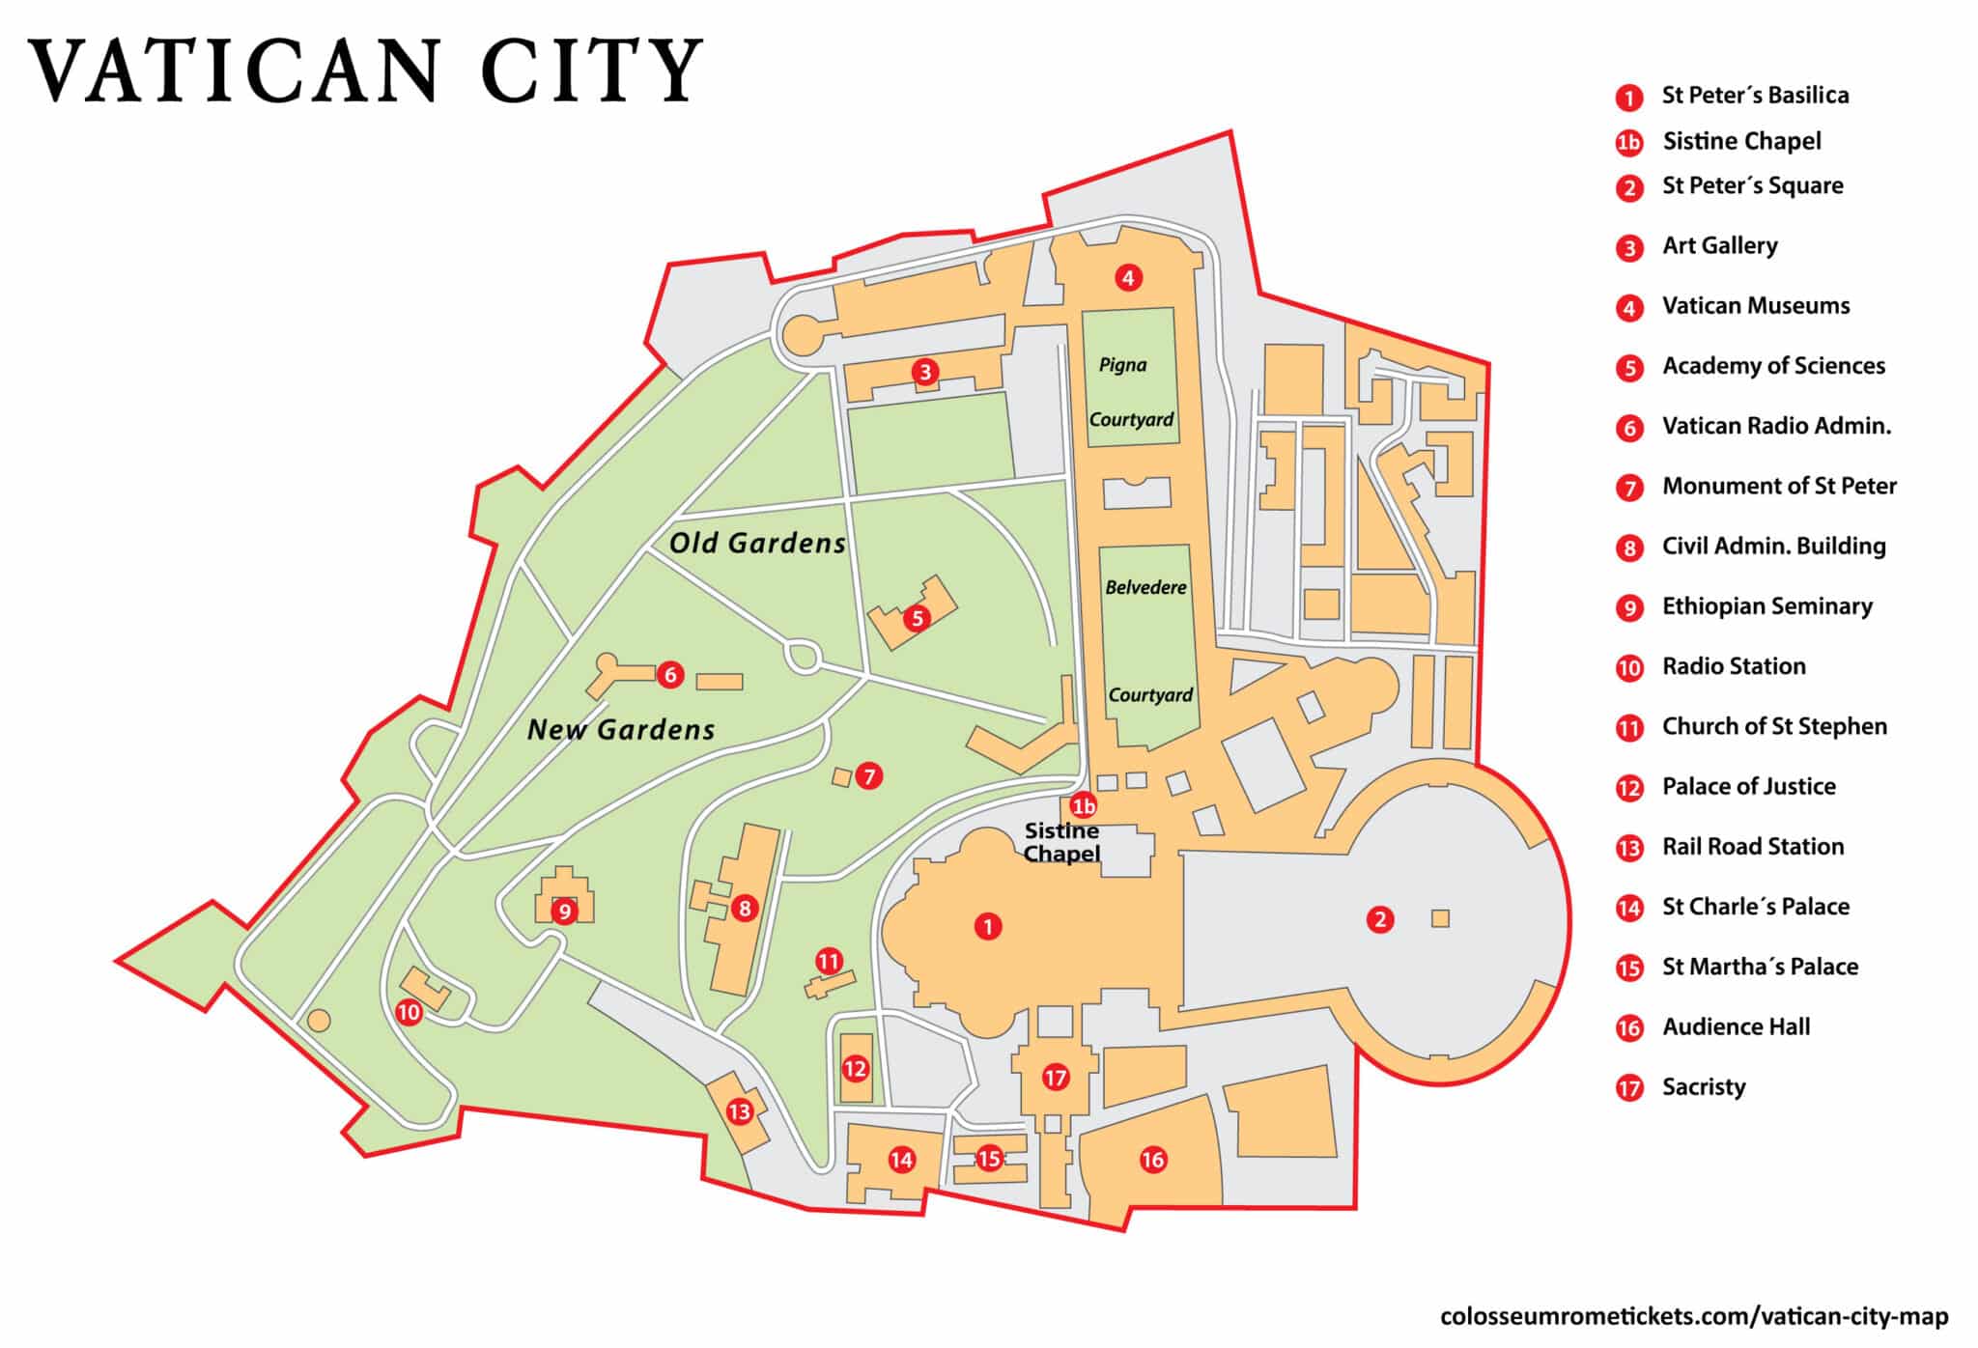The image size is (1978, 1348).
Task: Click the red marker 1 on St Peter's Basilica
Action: pos(987,927)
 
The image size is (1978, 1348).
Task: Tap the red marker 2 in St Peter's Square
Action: pos(1380,919)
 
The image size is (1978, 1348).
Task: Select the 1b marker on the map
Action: pos(1084,805)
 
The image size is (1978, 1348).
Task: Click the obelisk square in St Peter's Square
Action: pos(1440,918)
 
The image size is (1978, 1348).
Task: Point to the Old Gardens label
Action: pos(757,543)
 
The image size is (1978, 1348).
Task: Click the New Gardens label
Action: pos(621,729)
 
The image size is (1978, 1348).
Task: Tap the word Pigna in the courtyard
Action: pos(1122,365)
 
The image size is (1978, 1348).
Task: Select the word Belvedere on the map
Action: pos(1145,587)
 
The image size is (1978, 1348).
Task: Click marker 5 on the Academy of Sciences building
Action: pos(917,618)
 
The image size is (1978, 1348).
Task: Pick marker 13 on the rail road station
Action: pos(740,1111)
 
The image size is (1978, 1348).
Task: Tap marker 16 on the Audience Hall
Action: pos(1153,1160)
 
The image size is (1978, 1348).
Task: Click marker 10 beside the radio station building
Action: pos(409,1012)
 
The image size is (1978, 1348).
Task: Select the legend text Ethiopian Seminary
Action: pos(1766,606)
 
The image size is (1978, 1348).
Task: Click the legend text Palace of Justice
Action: pos(1748,786)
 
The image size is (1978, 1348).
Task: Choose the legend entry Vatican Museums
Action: pos(1755,306)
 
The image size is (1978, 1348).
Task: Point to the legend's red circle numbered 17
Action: pos(1629,1088)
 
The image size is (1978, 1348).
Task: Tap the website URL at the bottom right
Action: pos(1693,1316)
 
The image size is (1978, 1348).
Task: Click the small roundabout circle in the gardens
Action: pos(803,657)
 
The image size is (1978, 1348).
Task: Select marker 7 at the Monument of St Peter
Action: pos(868,775)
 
